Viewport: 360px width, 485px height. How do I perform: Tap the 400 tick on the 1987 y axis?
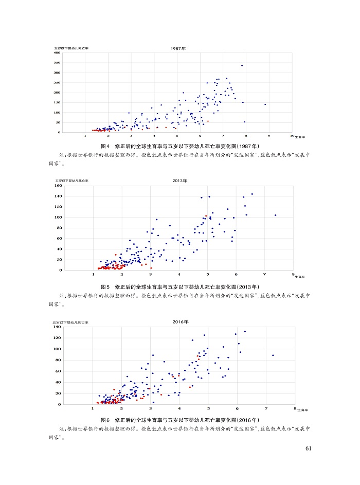(57, 52)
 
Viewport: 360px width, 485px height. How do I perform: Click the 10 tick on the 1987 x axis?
(292, 136)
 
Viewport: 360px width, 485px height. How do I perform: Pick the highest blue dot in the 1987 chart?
(242, 65)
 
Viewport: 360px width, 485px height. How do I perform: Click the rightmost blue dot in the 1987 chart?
(265, 104)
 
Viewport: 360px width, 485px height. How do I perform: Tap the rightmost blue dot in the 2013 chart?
(275, 215)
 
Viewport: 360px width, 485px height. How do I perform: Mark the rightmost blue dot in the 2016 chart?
(273, 355)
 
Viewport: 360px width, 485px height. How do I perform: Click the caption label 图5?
(106, 286)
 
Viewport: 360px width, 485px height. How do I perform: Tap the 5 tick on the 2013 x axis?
(207, 274)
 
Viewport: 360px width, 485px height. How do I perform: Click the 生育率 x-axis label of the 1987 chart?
(300, 137)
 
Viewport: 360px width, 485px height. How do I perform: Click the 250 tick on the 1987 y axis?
(57, 82)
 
